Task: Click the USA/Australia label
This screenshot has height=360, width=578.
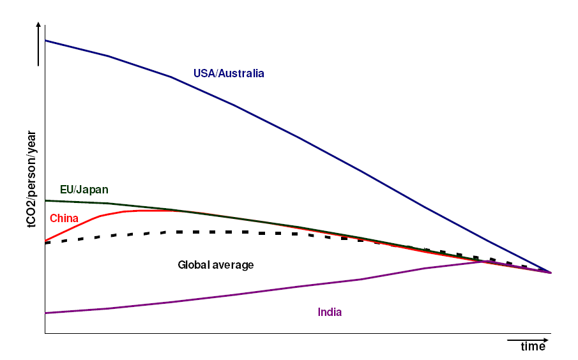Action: tap(229, 73)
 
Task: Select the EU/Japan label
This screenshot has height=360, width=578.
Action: tap(84, 190)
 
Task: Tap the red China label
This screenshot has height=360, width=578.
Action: tap(64, 218)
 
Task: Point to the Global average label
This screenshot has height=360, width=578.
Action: tap(215, 264)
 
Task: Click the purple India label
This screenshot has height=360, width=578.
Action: tap(330, 312)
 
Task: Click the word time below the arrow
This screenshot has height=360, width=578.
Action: tap(533, 347)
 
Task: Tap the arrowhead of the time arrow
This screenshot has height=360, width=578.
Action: tap(545, 340)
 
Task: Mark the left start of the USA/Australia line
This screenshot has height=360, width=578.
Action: tap(46, 41)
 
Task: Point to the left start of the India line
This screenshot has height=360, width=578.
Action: tap(46, 313)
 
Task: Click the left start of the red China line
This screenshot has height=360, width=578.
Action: tap(46, 241)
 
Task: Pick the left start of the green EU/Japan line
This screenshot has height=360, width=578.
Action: tap(46, 200)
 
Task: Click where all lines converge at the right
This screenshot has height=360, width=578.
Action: tap(550, 273)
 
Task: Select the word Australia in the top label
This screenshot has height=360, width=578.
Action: tap(241, 73)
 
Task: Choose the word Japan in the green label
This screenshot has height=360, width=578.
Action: tap(94, 190)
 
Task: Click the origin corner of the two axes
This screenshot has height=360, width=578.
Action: tap(45, 333)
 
